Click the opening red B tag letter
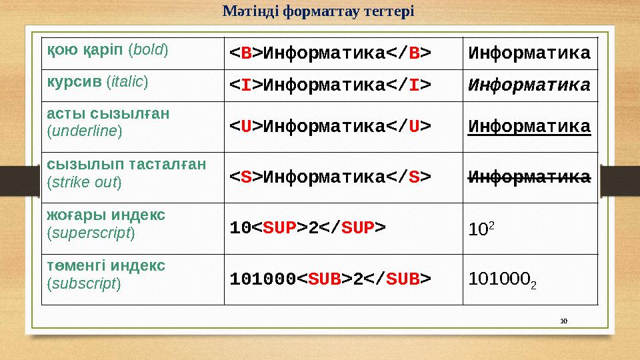tap(246, 53)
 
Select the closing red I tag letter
tap(413, 85)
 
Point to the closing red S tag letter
tap(413, 177)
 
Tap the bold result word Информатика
tap(529, 53)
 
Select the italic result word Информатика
tap(529, 85)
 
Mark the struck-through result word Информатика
tap(529, 177)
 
